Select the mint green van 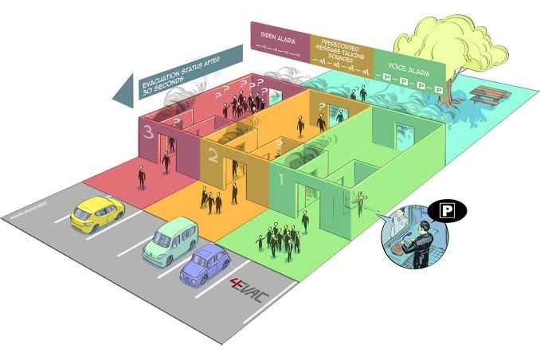pyautogui.click(x=167, y=241)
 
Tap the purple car pyautogui.click(x=205, y=264)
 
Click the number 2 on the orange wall pyautogui.click(x=212, y=154)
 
